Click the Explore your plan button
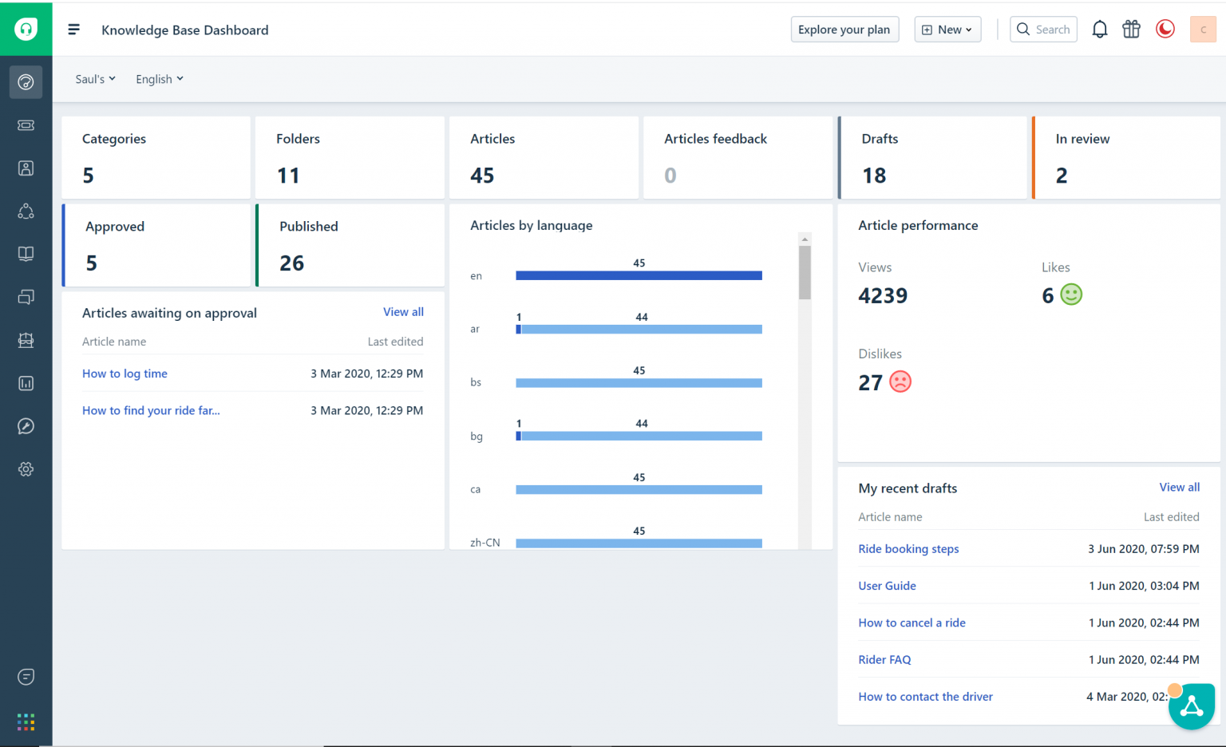coord(844,30)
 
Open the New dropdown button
coord(947,30)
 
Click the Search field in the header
coord(1044,30)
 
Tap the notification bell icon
coord(1099,30)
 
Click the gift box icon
coord(1131,30)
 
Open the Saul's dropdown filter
coord(95,79)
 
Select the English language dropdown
coord(159,79)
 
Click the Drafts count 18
coord(874,176)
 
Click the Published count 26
coord(291,263)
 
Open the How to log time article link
coord(125,373)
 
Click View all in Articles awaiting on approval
coord(403,312)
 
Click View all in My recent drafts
coord(1179,488)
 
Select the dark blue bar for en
coord(639,275)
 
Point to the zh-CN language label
coord(484,543)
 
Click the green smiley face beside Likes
coord(1071,294)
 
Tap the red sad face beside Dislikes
coord(900,381)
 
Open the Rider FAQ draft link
coord(884,660)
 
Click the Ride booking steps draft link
coord(908,549)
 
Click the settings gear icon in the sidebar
coord(26,469)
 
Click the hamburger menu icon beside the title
coord(73,30)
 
